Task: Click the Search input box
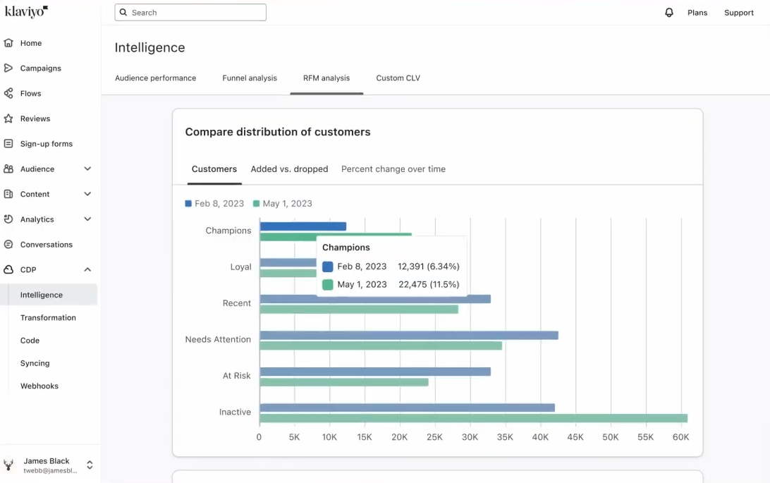(x=190, y=13)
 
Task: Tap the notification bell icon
(x=669, y=13)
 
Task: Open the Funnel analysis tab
(x=250, y=78)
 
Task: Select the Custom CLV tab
(x=398, y=78)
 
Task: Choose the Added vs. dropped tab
(x=289, y=169)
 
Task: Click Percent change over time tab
(x=393, y=169)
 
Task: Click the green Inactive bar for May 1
(x=472, y=418)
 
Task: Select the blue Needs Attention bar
(x=409, y=336)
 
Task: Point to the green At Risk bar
(x=343, y=382)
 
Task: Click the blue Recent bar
(x=409, y=299)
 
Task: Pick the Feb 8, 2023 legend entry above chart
(x=214, y=204)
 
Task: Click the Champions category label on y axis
(x=228, y=231)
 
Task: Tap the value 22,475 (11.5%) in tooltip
(x=428, y=285)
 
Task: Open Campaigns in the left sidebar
(x=40, y=68)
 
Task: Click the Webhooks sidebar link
(x=39, y=386)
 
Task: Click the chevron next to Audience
(x=87, y=169)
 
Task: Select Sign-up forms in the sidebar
(x=46, y=144)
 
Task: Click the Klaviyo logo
(x=26, y=12)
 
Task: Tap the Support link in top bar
(x=738, y=13)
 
